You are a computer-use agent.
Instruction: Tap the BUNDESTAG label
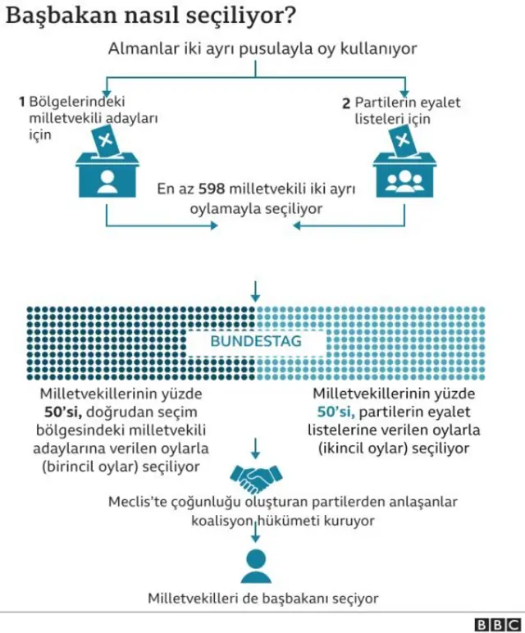(255, 340)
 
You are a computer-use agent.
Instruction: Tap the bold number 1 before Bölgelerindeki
(22, 102)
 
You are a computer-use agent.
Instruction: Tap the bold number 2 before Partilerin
(346, 103)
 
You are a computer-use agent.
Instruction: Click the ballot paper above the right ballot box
(403, 144)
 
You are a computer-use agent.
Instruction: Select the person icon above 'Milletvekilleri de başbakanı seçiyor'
(256, 565)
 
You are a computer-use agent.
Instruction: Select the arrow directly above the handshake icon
(256, 447)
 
